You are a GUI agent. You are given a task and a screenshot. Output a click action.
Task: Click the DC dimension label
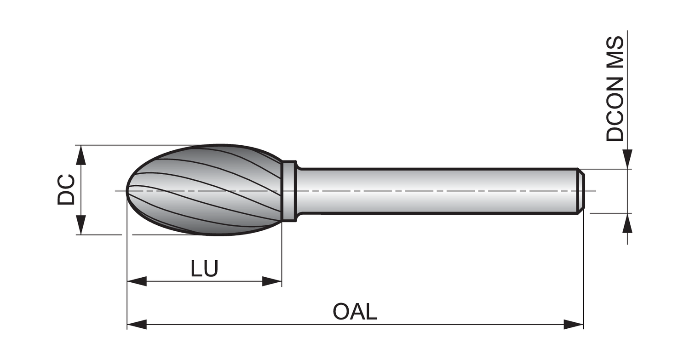[x=66, y=190]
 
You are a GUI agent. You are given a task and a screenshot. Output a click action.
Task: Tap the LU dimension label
[x=204, y=268]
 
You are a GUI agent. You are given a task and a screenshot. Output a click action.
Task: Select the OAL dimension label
[x=355, y=311]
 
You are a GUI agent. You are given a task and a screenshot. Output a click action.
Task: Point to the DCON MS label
[x=615, y=89]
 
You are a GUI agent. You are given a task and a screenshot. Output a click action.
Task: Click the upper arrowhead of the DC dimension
[x=80, y=155]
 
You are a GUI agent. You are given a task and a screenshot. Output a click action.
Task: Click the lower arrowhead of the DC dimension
[x=80, y=225]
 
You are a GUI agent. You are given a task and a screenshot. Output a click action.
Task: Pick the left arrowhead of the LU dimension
[x=137, y=281]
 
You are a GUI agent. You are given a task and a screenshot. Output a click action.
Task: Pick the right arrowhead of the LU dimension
[x=272, y=281]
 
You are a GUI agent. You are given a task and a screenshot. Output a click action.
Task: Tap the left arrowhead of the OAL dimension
[x=137, y=324]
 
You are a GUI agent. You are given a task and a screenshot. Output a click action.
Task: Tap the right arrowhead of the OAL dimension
[x=574, y=324]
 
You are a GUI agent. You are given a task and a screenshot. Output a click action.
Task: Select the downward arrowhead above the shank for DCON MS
[x=627, y=159]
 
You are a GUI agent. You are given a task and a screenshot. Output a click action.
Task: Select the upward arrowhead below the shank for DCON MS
[x=627, y=223]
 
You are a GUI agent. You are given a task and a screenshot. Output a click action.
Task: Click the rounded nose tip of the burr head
[x=127, y=191]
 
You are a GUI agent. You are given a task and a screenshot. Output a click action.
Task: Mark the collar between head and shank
[x=289, y=191]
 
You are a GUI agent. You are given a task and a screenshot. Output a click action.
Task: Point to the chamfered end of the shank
[x=581, y=191]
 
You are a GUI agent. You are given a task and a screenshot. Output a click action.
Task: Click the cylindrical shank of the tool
[x=437, y=191]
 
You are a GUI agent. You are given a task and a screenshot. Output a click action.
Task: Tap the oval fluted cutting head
[x=205, y=190]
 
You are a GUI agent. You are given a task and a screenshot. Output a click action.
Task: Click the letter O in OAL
[x=341, y=311]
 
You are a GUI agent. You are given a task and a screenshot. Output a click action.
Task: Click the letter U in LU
[x=211, y=268]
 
